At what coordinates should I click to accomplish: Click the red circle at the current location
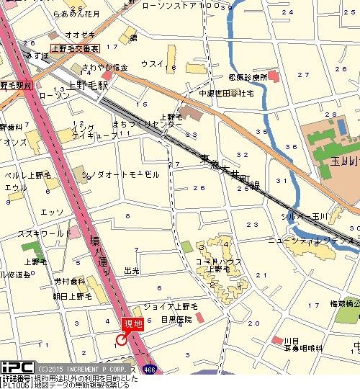pyautogui.click(x=122, y=339)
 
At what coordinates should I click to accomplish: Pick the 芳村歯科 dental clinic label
pyautogui.click(x=69, y=281)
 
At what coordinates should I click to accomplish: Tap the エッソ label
pyautogui.click(x=51, y=212)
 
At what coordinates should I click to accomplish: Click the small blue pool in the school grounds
pyautogui.click(x=340, y=127)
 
